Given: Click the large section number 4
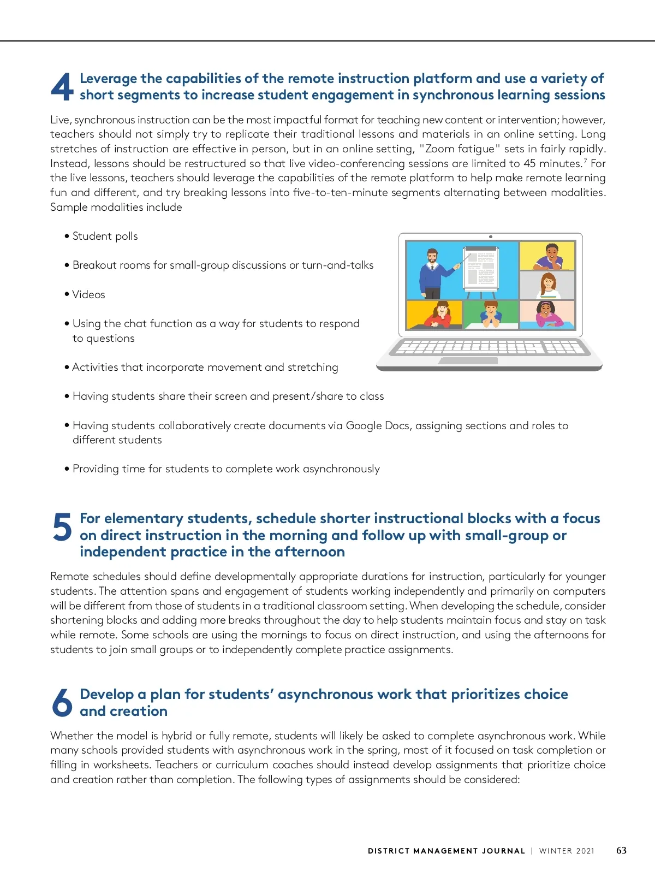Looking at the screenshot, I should click(62, 87).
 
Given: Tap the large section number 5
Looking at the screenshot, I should click(62, 527).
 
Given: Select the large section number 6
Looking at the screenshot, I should click(62, 702).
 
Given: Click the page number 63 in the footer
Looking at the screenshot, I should click(621, 850).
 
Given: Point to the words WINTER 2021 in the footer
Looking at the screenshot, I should click(567, 851).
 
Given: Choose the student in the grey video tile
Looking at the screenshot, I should click(548, 285).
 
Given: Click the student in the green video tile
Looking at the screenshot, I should click(491, 315).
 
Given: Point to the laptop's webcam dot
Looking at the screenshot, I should click(491, 236).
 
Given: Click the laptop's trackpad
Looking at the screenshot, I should click(468, 361).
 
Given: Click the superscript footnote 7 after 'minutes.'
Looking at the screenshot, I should click(585, 161).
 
